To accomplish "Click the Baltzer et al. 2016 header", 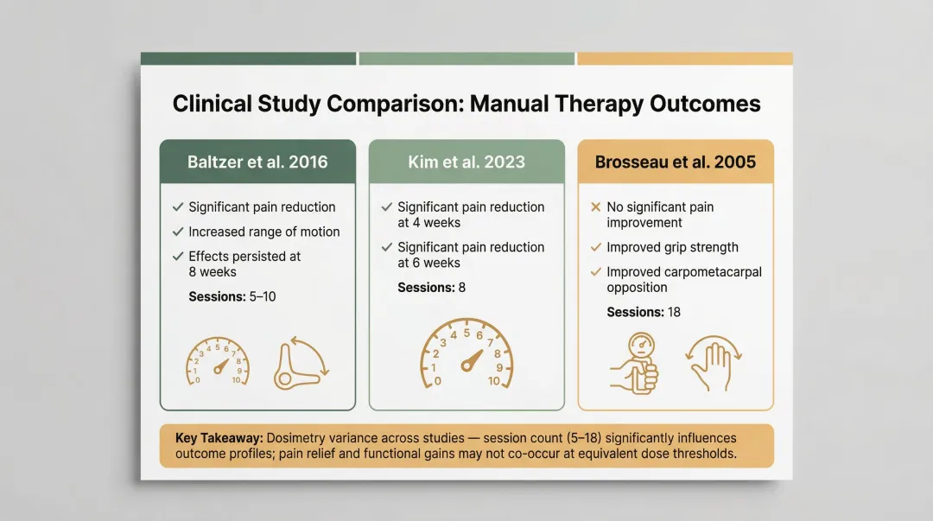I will pos(257,162).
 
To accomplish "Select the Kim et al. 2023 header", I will pos(466,162).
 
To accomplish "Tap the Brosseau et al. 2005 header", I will pos(675,162).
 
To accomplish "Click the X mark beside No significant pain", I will pos(595,207).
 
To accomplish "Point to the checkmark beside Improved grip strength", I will pos(595,247).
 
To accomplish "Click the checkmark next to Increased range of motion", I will pos(178,232).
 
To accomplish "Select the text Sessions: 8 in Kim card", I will pos(431,287).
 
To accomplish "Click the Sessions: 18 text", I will pos(644,312).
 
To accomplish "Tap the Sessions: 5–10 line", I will pos(232,296).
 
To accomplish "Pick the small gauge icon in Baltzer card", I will pos(217,362).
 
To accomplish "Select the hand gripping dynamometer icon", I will pos(636,361).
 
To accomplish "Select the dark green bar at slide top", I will pos(249,59).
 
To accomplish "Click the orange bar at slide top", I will pos(684,59).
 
